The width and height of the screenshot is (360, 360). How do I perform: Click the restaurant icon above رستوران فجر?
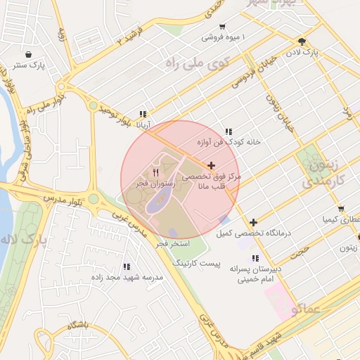click(x=156, y=172)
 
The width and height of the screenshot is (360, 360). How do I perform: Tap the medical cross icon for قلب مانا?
click(x=211, y=165)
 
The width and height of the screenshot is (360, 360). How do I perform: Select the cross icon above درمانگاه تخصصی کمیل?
click(x=253, y=222)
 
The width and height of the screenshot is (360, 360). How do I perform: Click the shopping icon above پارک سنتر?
click(x=28, y=54)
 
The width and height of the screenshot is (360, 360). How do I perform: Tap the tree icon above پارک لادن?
click(x=302, y=41)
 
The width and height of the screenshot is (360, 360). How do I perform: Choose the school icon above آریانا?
click(x=143, y=114)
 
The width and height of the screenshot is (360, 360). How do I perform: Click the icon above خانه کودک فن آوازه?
click(x=229, y=131)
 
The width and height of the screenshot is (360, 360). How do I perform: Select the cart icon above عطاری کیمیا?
click(x=341, y=209)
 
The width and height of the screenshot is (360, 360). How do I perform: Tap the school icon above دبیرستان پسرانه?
click(x=255, y=258)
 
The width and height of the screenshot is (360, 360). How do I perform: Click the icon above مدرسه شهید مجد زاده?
click(x=127, y=266)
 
